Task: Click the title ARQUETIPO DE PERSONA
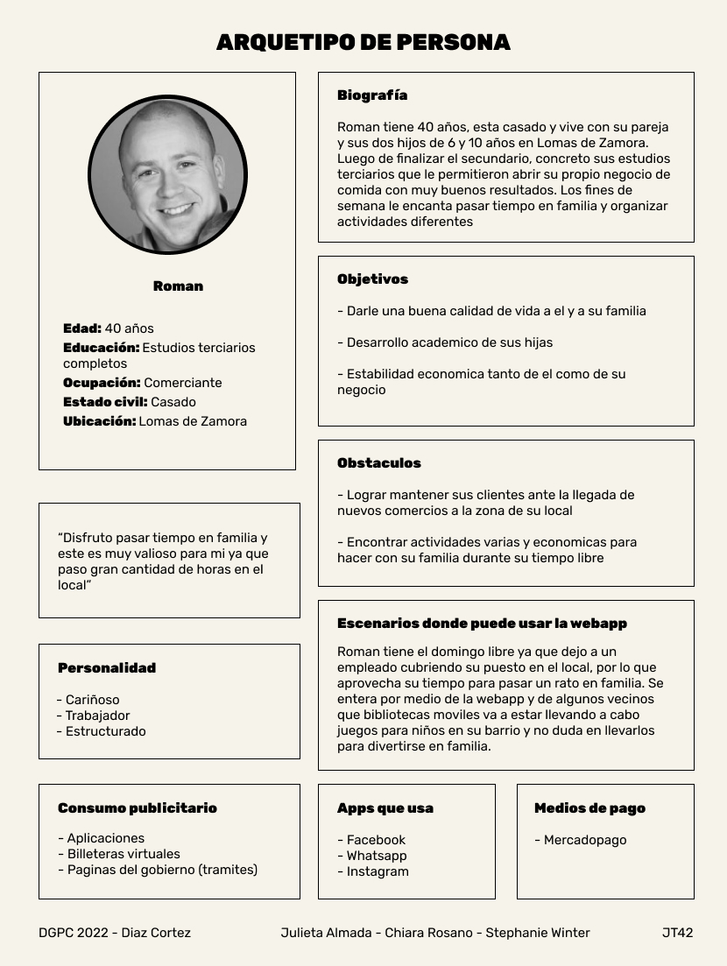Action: pos(363,42)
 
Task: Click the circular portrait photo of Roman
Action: pos(167,175)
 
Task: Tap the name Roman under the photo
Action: pos(178,286)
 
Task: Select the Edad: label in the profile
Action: pos(82,328)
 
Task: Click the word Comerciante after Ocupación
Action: pos(183,383)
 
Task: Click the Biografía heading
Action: pos(372,95)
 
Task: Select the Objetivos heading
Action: pos(372,279)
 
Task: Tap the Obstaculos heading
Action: pos(378,463)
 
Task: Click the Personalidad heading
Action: pos(107,668)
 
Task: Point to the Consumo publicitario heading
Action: pos(138,808)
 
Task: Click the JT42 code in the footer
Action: pos(677,933)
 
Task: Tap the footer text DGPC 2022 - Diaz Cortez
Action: pos(115,933)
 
